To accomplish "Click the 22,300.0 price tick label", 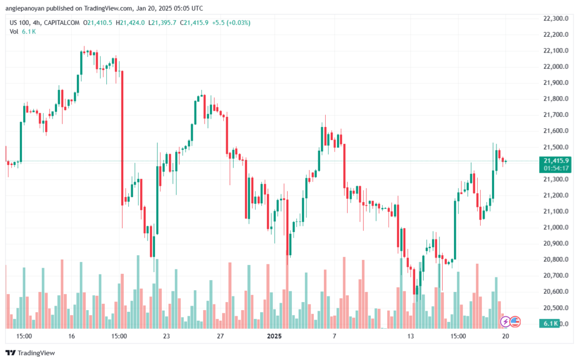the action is (556, 19).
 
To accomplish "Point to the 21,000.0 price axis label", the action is (556, 228).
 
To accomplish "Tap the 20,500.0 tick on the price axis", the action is (556, 308).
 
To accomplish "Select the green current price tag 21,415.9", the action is (556, 161).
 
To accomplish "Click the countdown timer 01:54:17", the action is (556, 168).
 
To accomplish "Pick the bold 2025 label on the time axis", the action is (274, 336).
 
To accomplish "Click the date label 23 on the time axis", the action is (167, 336).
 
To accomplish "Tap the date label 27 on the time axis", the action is (221, 336).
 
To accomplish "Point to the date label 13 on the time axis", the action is (411, 336).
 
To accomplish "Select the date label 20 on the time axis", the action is (505, 336).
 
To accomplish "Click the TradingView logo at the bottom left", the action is (31, 353).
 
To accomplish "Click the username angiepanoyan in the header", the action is (23, 8).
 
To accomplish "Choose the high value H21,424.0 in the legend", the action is (131, 23).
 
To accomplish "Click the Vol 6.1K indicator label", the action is (23, 32).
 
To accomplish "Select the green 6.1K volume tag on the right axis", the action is (550, 324).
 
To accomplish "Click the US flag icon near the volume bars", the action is (515, 322).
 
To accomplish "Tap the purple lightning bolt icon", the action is (505, 322).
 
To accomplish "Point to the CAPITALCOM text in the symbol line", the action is (62, 23).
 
